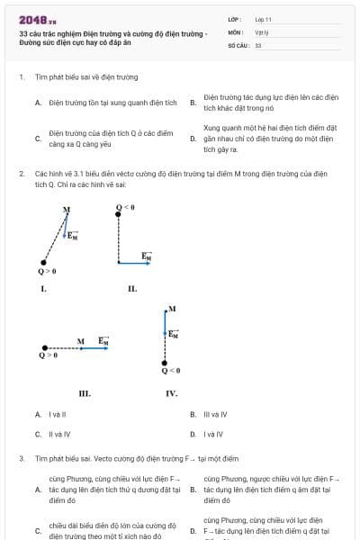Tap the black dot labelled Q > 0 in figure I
click(44, 262)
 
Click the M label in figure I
click(67, 210)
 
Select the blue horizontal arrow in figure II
click(134, 262)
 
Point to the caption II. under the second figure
click(131, 289)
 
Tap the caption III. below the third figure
click(85, 393)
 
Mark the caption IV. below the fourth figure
click(171, 393)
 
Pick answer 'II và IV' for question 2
click(58, 434)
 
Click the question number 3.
click(21, 458)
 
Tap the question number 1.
click(21, 77)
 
